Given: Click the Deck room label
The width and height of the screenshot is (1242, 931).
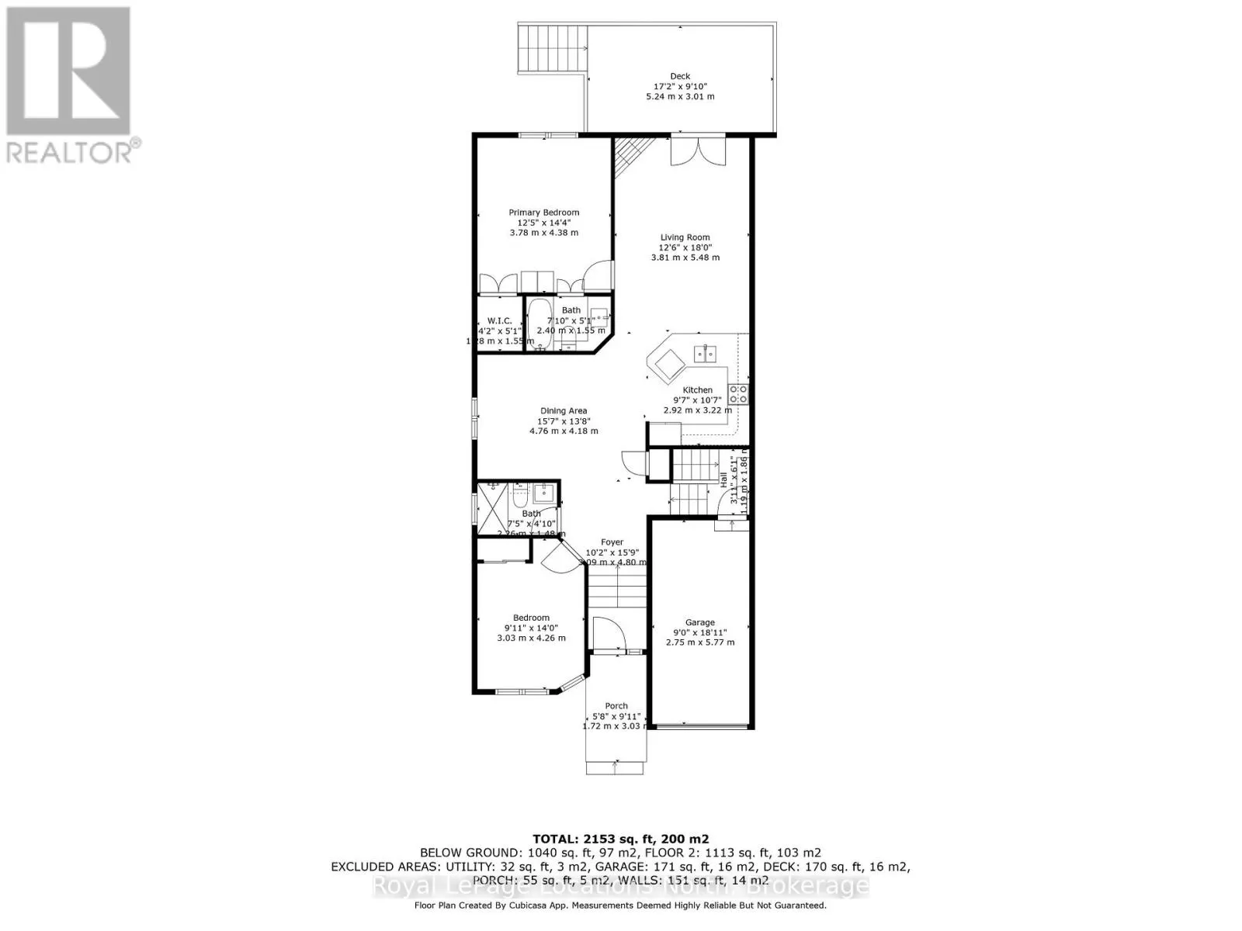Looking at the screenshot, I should [x=680, y=76].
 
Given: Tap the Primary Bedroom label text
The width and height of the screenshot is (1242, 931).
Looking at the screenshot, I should [x=543, y=213].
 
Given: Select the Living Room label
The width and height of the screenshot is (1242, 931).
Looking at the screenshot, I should [x=685, y=237].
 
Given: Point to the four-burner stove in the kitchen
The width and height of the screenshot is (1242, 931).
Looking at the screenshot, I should [x=737, y=394].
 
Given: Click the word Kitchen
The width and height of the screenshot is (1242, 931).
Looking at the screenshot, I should [x=697, y=390].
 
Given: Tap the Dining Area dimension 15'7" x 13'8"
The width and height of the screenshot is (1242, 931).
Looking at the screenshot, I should [x=564, y=421].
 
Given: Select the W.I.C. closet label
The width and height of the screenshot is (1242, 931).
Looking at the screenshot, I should [x=499, y=321].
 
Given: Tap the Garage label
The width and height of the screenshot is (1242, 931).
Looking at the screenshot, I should [x=699, y=622].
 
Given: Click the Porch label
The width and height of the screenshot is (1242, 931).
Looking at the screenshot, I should [x=616, y=706].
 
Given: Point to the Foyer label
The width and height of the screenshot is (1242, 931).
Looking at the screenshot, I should [x=612, y=542].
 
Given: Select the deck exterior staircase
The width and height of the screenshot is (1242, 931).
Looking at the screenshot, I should [x=553, y=48].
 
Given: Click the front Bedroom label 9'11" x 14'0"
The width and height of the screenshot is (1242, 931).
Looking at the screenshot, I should [x=531, y=628].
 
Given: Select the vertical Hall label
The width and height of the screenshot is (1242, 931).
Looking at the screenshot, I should [x=724, y=479].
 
